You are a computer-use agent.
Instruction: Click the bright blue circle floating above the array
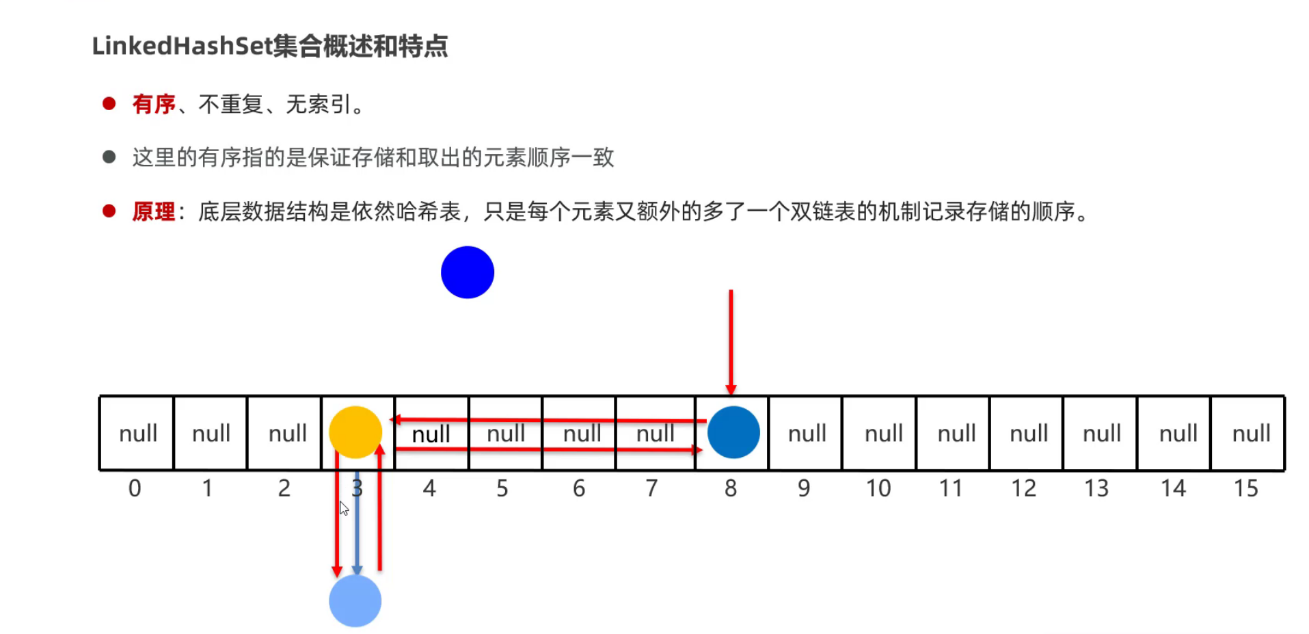click(x=468, y=272)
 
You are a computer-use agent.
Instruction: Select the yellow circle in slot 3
click(x=355, y=432)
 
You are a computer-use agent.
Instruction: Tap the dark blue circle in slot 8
click(x=733, y=432)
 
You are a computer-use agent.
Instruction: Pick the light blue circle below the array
click(x=355, y=600)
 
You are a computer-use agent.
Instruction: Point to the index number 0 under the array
click(x=135, y=488)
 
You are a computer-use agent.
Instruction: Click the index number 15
click(x=1245, y=488)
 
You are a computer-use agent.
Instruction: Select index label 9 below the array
click(x=804, y=488)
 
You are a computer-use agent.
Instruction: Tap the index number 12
click(x=1023, y=488)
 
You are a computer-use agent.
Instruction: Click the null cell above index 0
click(x=137, y=434)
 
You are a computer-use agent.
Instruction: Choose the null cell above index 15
click(x=1250, y=434)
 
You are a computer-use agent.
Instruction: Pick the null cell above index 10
click(x=883, y=434)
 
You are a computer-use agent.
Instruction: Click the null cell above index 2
click(x=287, y=434)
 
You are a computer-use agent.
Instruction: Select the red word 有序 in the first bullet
click(x=154, y=104)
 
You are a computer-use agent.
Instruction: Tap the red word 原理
click(x=154, y=211)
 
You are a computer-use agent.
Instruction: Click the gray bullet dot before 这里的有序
click(x=109, y=157)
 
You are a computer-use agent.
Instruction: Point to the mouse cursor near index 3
click(x=343, y=507)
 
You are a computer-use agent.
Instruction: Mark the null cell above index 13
click(x=1101, y=434)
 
